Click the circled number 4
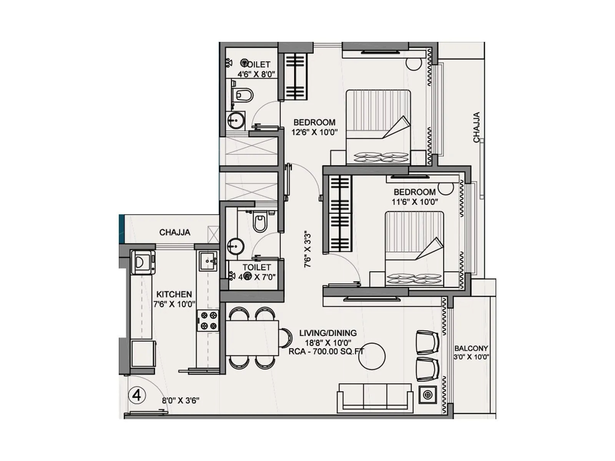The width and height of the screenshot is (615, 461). [136, 395]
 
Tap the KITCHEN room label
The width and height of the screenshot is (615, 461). [174, 294]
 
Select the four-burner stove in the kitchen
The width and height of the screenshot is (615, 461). [208, 321]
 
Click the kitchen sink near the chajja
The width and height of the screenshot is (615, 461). [208, 261]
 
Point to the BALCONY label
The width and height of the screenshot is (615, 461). [471, 348]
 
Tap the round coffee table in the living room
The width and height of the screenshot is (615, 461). [372, 357]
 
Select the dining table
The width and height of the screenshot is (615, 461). [252, 338]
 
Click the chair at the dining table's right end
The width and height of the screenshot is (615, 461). [285, 338]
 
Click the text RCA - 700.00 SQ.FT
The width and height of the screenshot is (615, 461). [326, 351]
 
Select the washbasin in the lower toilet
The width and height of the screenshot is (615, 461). [235, 247]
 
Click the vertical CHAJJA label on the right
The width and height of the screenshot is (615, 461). [477, 127]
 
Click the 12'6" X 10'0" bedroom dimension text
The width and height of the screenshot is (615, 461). [314, 133]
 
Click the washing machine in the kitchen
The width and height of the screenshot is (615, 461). [143, 262]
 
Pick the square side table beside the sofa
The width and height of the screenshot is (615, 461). [427, 395]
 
